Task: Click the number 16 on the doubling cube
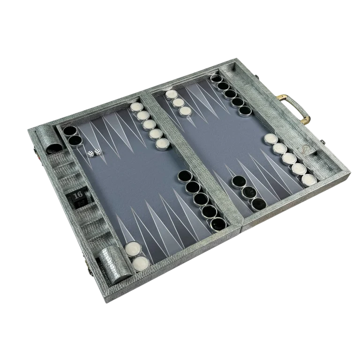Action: pyautogui.click(x=78, y=195)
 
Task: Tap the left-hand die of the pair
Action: pyautogui.click(x=90, y=154)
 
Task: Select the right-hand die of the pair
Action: pyautogui.click(x=97, y=152)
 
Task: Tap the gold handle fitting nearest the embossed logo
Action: pyautogui.click(x=307, y=120)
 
